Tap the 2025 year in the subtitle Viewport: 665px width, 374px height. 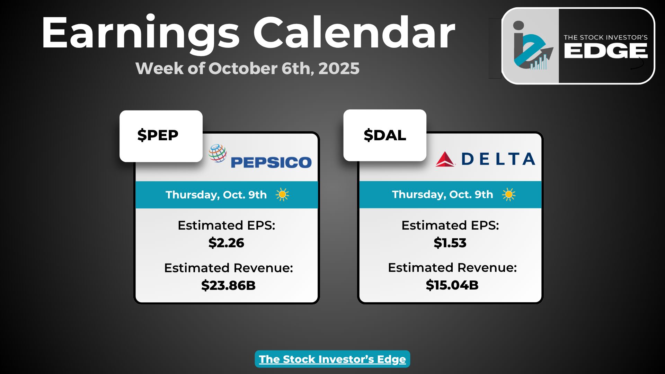click(x=339, y=69)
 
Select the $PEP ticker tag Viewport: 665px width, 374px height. click(x=158, y=135)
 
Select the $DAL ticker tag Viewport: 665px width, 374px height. click(x=385, y=135)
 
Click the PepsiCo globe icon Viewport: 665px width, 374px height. click(x=218, y=153)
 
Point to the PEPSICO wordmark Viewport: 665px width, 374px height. click(x=271, y=162)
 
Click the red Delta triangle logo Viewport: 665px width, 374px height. click(x=445, y=159)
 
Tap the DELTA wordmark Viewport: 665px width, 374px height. click(x=498, y=159)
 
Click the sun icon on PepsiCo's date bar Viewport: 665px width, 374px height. click(x=282, y=195)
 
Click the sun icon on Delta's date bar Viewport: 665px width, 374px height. click(x=509, y=194)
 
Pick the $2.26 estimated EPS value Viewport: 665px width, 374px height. click(x=226, y=243)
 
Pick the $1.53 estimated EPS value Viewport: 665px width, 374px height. click(x=450, y=243)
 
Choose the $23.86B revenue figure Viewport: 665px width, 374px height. click(x=228, y=285)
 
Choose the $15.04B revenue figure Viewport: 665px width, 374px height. click(x=452, y=285)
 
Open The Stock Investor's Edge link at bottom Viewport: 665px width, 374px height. click(x=332, y=359)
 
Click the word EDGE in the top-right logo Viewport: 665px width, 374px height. click(x=606, y=51)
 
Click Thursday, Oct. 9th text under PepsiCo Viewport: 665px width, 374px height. click(x=216, y=195)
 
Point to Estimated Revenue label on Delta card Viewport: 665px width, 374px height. click(x=452, y=268)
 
